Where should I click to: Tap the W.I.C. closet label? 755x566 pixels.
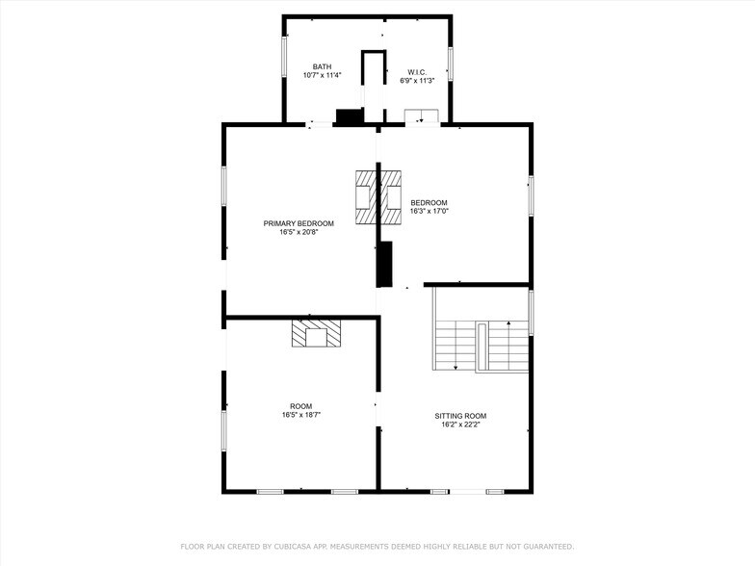(x=417, y=72)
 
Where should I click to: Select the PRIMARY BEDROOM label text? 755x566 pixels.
(x=299, y=223)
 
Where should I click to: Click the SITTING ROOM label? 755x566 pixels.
(x=460, y=415)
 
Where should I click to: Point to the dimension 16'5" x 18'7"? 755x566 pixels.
(x=301, y=415)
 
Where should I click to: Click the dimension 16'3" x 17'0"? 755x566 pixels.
(x=430, y=211)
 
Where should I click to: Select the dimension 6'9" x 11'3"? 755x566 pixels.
(x=417, y=81)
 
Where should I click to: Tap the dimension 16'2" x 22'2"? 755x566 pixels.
(x=460, y=424)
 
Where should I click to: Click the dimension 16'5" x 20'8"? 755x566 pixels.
(x=299, y=232)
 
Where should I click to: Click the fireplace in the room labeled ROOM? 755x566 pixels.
(x=317, y=333)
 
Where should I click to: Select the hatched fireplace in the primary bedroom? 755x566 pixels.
(x=365, y=196)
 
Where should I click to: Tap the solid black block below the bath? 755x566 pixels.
(x=348, y=117)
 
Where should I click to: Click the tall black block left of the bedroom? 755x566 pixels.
(x=385, y=264)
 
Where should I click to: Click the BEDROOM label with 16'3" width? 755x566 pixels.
(x=430, y=202)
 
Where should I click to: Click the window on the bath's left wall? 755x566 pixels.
(x=283, y=57)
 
